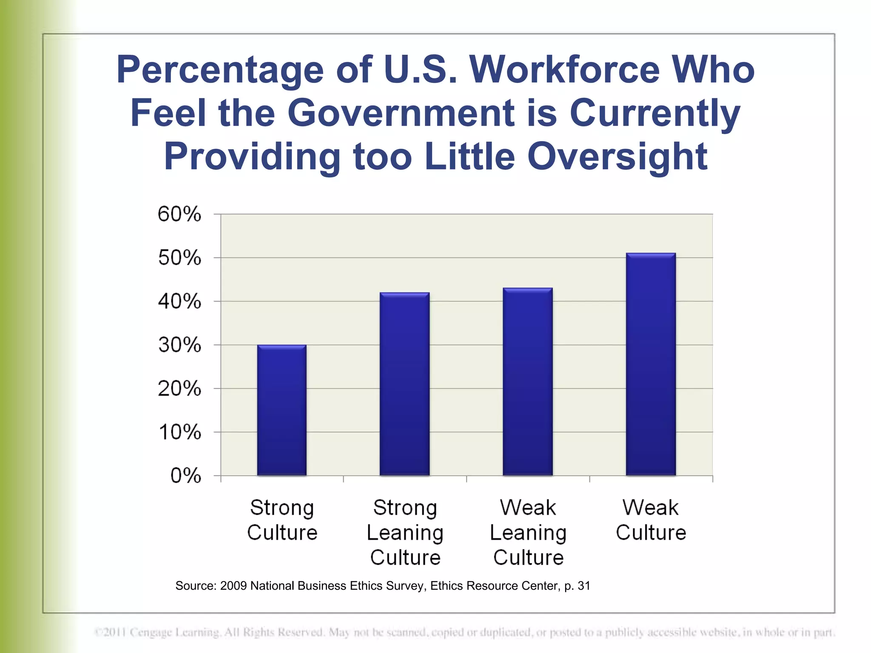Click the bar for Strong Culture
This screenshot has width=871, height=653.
pos(282,410)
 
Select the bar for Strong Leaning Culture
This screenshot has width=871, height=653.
pos(404,384)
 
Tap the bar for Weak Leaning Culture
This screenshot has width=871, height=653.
pos(527,382)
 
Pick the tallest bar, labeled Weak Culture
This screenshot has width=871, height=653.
pos(651,364)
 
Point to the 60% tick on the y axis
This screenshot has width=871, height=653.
pos(179,214)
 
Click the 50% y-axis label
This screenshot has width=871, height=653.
pos(179,258)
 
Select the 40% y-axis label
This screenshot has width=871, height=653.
pos(179,301)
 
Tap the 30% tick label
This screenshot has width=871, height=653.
pos(179,345)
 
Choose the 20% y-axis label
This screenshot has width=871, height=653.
pos(179,389)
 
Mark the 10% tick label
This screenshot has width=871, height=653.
pos(179,432)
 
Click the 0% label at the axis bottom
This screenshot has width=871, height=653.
pos(185,476)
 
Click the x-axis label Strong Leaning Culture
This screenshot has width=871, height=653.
pos(405,532)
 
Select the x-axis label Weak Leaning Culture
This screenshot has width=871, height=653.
pos(528,532)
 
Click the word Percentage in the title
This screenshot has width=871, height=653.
pos(220,70)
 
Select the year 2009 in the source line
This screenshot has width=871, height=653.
pos(233,586)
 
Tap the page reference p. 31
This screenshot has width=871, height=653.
pos(577,586)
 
